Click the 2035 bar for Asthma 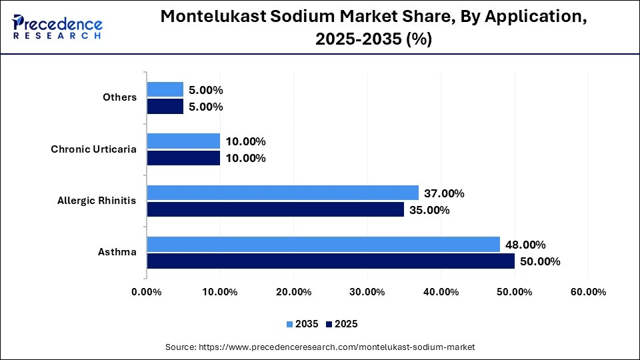point(323,245)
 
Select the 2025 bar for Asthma point(331,261)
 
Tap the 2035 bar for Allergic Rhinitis point(283,193)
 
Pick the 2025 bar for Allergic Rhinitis point(275,209)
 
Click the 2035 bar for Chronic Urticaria point(183,141)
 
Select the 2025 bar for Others point(165,107)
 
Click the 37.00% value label point(445,193)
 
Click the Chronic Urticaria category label point(93,149)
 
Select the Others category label point(119,97)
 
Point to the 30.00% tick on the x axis point(367,292)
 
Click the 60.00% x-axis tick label point(587,292)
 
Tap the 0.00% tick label point(147,292)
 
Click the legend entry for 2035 point(302,324)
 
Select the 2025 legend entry point(342,324)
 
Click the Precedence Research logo point(57,27)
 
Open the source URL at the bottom point(319,347)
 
